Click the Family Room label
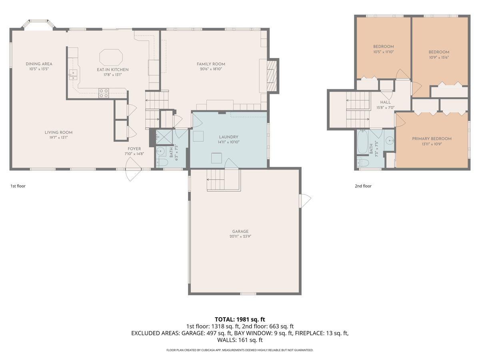tap(211, 64)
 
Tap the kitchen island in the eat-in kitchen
tap(111, 57)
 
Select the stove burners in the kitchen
tap(104, 93)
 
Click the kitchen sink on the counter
tap(73, 73)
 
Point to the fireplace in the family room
tap(272, 75)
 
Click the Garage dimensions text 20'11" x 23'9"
tap(240, 236)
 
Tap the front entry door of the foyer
tap(134, 168)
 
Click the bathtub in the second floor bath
tap(362, 143)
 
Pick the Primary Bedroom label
tap(432, 139)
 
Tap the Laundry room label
tap(228, 137)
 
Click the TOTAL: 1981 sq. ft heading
tap(240, 319)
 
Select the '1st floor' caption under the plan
tap(18, 186)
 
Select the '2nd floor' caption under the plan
tap(363, 186)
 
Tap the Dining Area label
tap(39, 64)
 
